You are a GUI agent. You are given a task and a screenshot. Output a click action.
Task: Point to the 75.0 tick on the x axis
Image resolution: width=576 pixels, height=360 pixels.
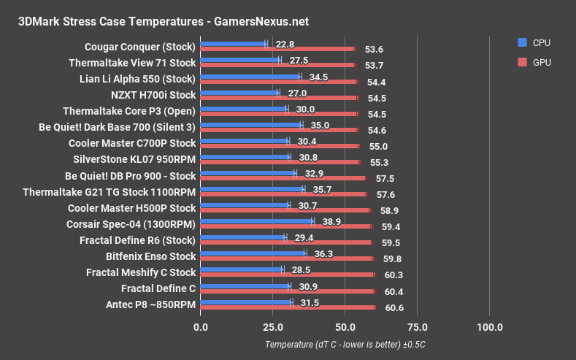[x=417, y=326]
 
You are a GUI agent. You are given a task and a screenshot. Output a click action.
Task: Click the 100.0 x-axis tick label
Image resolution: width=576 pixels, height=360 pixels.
[x=489, y=326]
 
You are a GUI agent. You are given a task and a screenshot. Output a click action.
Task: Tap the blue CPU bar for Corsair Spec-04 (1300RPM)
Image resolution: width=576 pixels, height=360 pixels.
[x=256, y=220]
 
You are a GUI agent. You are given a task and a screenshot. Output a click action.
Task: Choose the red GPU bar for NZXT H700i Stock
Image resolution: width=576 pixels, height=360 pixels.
[x=278, y=97]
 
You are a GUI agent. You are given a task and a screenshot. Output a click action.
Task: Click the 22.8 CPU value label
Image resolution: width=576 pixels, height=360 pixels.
[x=283, y=44]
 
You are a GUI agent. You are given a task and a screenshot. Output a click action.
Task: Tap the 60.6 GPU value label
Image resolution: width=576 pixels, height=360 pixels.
[x=394, y=307]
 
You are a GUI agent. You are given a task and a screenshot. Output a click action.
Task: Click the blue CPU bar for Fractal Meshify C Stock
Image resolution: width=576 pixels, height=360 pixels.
[x=240, y=269]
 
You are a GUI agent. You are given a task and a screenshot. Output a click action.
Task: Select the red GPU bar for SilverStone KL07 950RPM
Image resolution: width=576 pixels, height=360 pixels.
[x=280, y=161]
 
